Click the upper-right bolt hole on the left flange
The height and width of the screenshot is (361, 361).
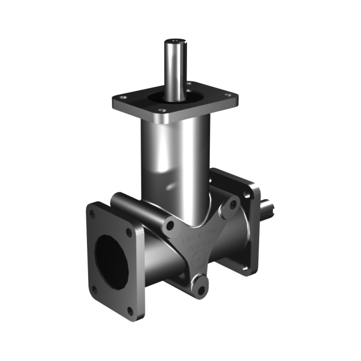click(x=131, y=232)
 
